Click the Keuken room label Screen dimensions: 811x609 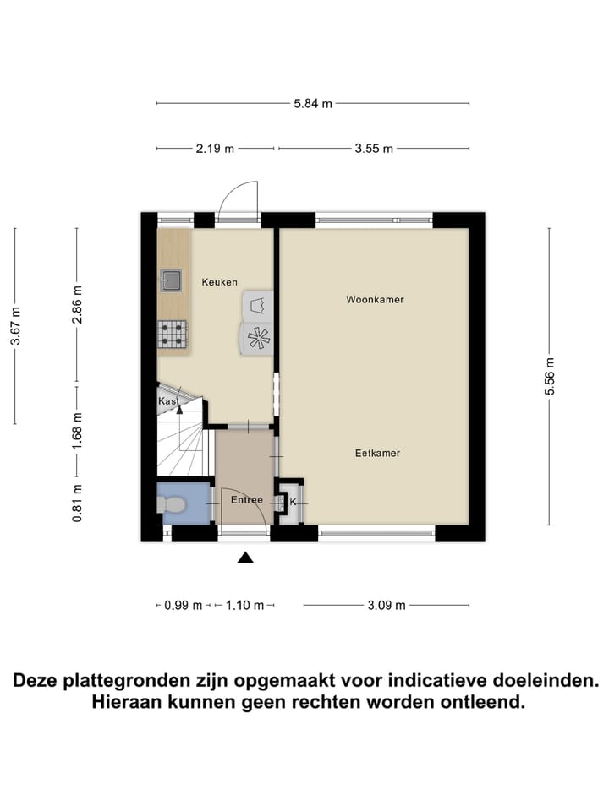(x=219, y=282)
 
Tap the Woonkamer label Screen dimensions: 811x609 (x=375, y=300)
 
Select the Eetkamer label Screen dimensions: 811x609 (x=377, y=454)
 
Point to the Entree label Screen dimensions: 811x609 (x=247, y=500)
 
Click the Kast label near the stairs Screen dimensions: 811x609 (x=167, y=402)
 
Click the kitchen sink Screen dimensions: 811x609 (x=171, y=279)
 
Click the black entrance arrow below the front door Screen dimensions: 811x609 (x=245, y=557)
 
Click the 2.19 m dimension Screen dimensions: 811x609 (x=215, y=149)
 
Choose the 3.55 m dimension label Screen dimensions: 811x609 (x=374, y=149)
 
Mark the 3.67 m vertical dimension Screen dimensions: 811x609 (x=14, y=325)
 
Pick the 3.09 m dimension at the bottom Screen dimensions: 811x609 (x=387, y=605)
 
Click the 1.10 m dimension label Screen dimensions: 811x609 (x=246, y=605)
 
